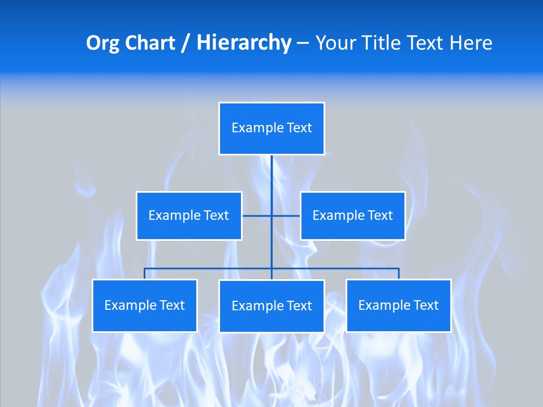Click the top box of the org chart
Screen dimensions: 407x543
tap(271, 128)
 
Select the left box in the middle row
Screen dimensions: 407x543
tap(189, 215)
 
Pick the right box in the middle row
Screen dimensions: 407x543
tap(352, 215)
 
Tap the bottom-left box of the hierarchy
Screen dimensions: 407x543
tap(145, 305)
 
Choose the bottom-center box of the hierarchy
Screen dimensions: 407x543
tap(271, 306)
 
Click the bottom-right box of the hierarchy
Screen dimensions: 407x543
tap(399, 305)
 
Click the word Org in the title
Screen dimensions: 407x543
tap(102, 43)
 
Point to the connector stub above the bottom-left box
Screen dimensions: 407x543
tap(145, 274)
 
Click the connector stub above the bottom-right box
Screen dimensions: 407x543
tap(399, 274)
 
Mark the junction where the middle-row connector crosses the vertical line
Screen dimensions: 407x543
tap(271, 215)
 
